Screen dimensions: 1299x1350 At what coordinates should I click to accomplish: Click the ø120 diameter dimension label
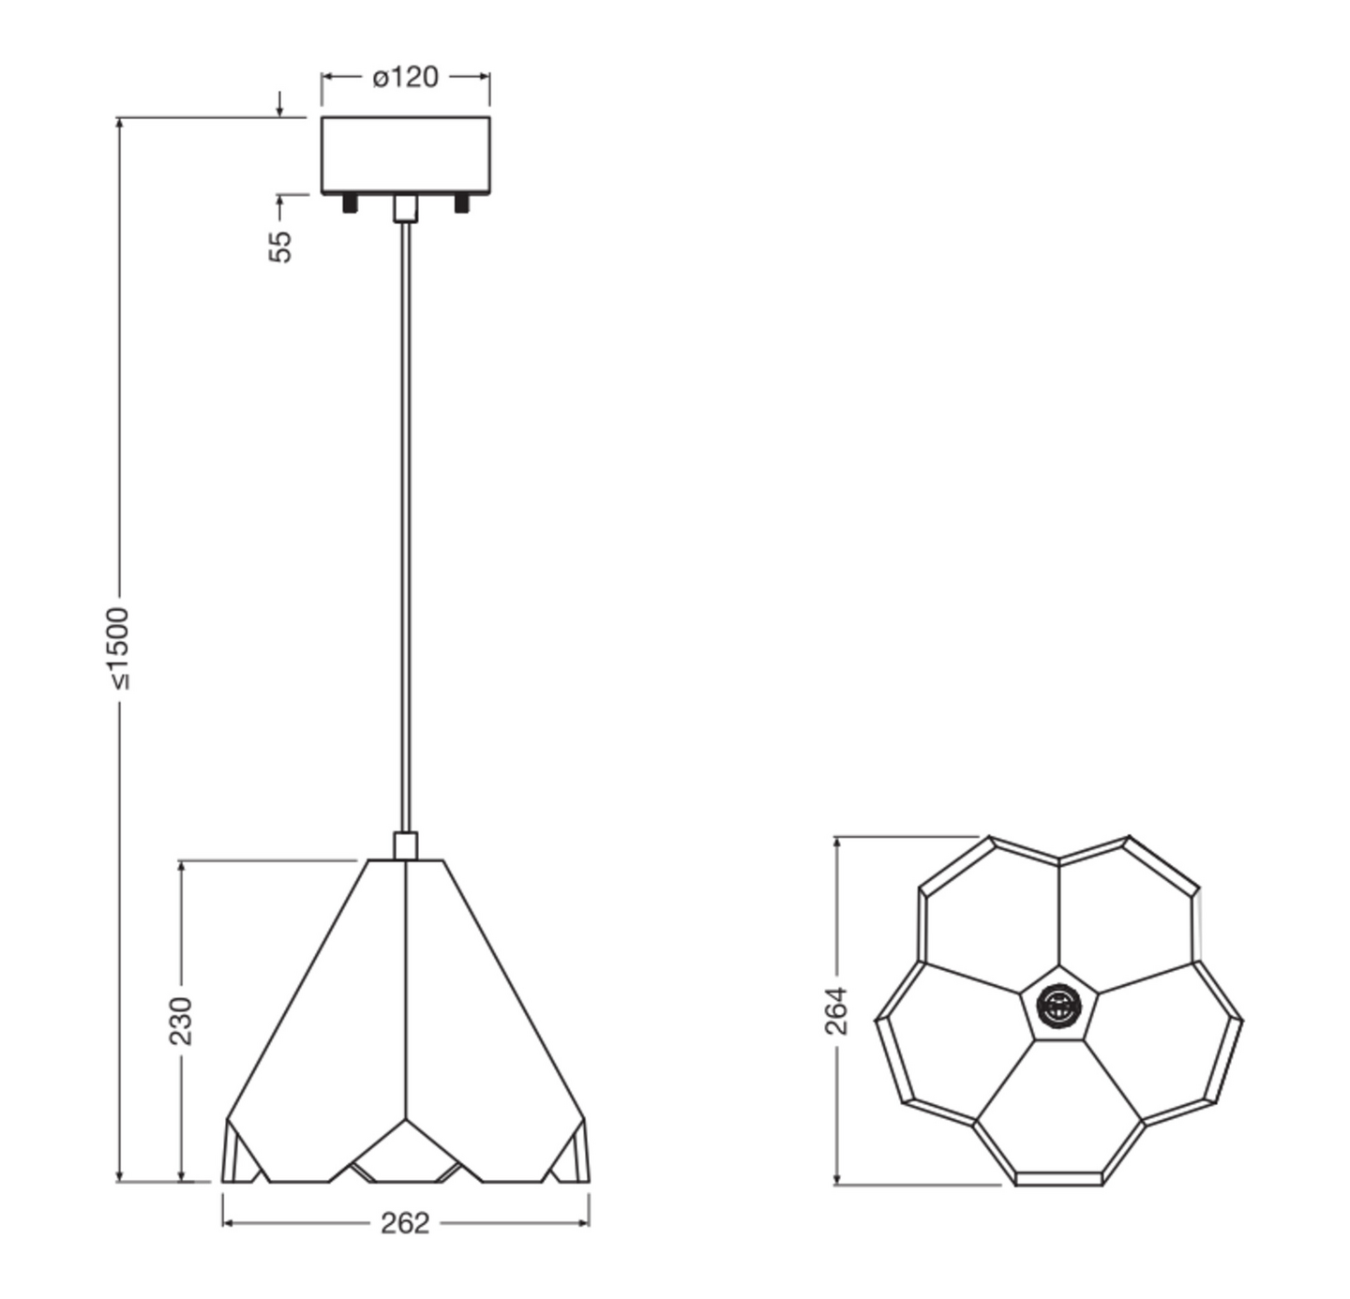pos(405,77)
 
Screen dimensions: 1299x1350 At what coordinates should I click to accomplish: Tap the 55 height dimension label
pos(280,246)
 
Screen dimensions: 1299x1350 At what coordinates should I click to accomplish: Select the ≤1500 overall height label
pos(119,649)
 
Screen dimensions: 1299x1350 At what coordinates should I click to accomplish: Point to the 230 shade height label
pos(180,1021)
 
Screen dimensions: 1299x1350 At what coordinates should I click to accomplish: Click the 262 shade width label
pos(405,1223)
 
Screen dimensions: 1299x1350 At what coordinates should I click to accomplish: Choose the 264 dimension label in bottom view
pos(835,1010)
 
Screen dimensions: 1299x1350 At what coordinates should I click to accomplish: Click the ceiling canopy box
pos(405,155)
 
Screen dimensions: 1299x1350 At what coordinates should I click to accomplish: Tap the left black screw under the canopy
pos(350,203)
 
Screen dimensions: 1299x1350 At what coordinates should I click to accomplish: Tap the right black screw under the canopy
pos(461,203)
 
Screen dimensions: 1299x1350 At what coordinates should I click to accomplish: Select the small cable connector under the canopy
pos(405,208)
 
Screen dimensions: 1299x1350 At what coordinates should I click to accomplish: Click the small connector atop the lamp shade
pos(405,845)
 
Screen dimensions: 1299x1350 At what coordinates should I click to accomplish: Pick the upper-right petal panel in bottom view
pos(1125,918)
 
